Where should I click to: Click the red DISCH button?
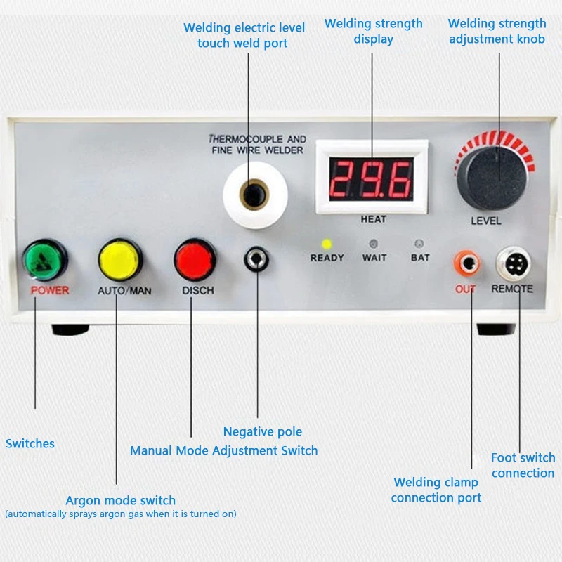(x=195, y=259)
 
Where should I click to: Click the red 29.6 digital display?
(x=371, y=178)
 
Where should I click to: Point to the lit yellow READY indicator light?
(x=327, y=244)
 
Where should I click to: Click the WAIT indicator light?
(x=374, y=244)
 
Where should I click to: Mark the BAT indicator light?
(x=419, y=244)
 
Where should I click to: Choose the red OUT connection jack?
(x=466, y=264)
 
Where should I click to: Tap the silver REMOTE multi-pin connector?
(x=513, y=264)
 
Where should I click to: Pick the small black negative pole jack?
(x=256, y=260)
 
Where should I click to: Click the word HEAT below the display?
(x=373, y=219)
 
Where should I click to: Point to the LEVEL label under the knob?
(x=486, y=221)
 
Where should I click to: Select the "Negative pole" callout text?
(x=263, y=431)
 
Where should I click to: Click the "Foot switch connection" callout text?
(x=523, y=465)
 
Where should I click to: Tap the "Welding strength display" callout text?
(x=374, y=31)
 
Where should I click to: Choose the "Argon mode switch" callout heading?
(x=120, y=500)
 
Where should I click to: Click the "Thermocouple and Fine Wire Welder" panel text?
(x=257, y=145)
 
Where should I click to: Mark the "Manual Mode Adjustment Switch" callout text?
(x=223, y=450)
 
